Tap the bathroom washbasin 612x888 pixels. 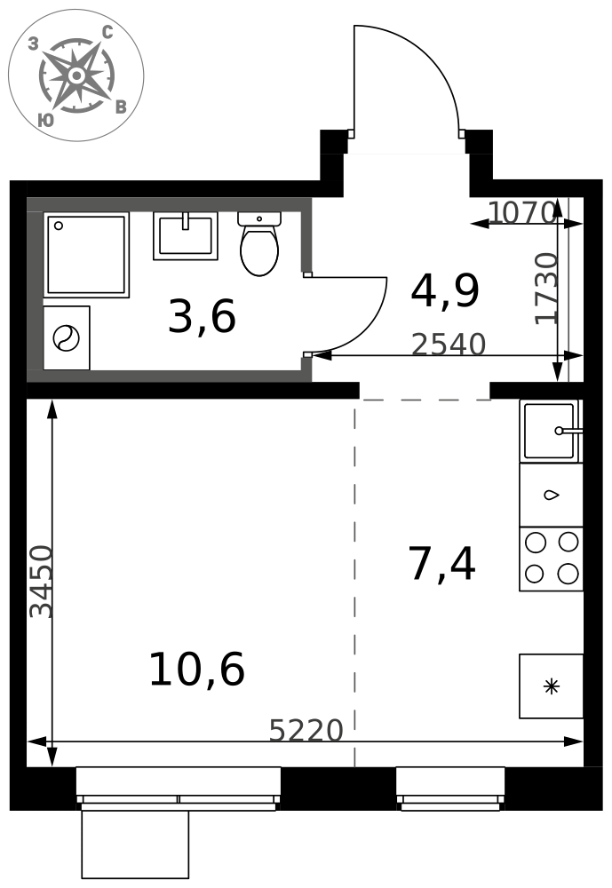[x=186, y=235]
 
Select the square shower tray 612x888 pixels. [x=86, y=255]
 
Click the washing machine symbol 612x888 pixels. [x=67, y=338]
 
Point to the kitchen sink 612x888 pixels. [x=551, y=431]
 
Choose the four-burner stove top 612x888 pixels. [x=551, y=559]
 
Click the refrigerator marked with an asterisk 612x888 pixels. [x=551, y=686]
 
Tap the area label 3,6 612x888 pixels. [x=202, y=317]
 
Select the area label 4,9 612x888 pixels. [x=445, y=291]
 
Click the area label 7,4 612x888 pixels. [x=442, y=564]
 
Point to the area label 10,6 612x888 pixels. [x=196, y=669]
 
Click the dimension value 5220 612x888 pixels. [x=306, y=731]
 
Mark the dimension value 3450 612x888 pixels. [x=41, y=582]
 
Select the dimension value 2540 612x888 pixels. [x=449, y=345]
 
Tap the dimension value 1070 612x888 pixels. [x=521, y=213]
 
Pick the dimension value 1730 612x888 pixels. [x=547, y=289]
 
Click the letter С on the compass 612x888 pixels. [x=107, y=33]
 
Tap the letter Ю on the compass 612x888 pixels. [x=46, y=120]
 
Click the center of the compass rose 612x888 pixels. [x=76, y=75]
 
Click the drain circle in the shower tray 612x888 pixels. [x=58, y=226]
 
